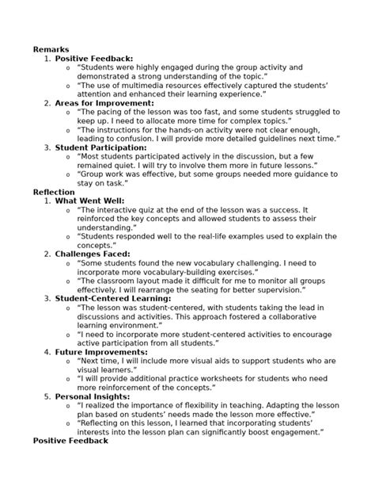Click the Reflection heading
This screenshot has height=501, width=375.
[54, 192]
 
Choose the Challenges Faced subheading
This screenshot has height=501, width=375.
[94, 254]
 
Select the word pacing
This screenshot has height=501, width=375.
[109, 112]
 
